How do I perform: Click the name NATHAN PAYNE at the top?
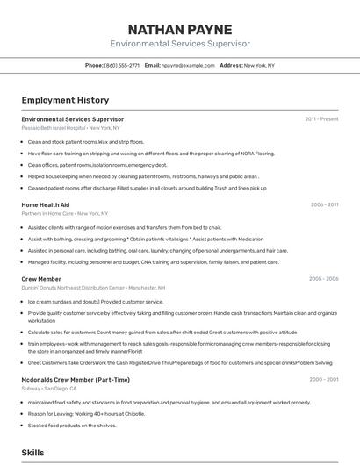coord(180,29)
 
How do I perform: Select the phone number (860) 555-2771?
coord(122,65)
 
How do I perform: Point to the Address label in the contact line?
coord(231,65)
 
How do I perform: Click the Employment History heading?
coord(65,100)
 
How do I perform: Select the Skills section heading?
coord(32,452)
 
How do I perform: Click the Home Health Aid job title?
coord(45,204)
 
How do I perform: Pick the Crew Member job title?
coord(41,279)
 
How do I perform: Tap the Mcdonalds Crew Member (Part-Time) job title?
coord(76,380)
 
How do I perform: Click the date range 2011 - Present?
coord(321,118)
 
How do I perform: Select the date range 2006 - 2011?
coord(324,204)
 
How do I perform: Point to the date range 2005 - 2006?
coord(323,279)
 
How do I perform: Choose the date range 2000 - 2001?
coord(323,380)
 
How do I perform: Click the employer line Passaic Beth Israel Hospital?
coord(70,127)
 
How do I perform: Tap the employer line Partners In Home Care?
coord(64,213)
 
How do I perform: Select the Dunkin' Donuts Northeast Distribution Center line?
coord(93,288)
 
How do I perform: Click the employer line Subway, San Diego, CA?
coord(55,389)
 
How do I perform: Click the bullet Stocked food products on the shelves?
coord(72,425)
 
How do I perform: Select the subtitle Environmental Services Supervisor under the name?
coord(180,44)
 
